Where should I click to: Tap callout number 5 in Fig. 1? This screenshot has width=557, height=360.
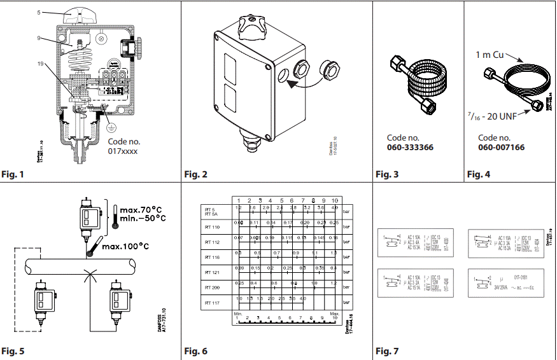(39, 12)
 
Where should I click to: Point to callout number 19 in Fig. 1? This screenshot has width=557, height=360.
(39, 64)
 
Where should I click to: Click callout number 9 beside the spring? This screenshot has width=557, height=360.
(39, 39)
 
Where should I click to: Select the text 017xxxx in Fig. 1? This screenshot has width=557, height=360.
(123, 151)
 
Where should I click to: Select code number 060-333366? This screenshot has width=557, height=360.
(410, 148)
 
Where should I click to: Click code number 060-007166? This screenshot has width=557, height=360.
(501, 148)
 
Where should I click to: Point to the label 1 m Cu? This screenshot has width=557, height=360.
(491, 55)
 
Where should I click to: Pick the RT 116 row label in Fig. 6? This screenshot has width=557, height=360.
(212, 258)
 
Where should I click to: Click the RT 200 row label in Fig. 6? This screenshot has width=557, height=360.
(212, 287)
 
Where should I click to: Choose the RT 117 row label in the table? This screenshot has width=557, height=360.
(212, 303)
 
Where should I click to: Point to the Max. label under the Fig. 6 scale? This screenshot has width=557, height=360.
(335, 314)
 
